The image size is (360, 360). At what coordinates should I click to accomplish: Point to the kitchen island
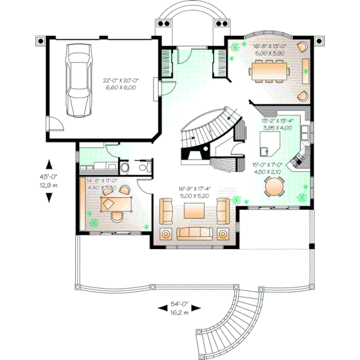268,144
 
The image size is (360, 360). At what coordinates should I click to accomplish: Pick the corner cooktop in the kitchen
298,160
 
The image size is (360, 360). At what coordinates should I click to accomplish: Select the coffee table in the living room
194,211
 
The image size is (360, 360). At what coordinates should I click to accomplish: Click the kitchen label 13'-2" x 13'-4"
277,124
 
